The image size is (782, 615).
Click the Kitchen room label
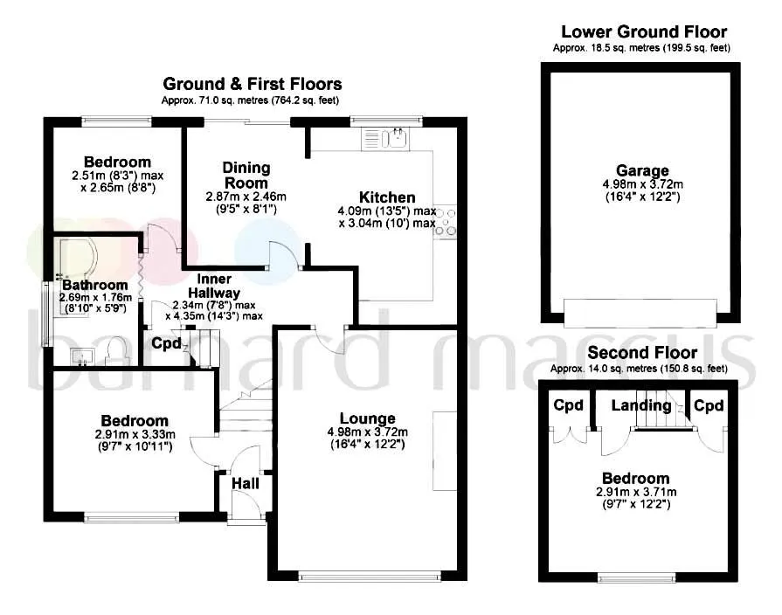(387, 197)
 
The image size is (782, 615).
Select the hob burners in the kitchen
(446, 222)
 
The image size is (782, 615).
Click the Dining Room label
(246, 175)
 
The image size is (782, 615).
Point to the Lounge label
(368, 418)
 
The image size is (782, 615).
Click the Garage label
(642, 170)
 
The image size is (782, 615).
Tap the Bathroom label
(94, 285)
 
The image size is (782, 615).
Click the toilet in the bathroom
(118, 350)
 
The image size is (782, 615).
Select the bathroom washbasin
(82, 356)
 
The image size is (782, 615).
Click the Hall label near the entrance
(246, 483)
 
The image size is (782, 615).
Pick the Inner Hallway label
(214, 286)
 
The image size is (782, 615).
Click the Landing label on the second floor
(641, 405)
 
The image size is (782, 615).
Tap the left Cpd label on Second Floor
(568, 405)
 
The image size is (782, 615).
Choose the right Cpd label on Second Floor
(709, 405)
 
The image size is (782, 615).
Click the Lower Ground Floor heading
(644, 32)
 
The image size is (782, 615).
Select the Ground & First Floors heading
(253, 83)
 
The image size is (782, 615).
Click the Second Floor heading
(642, 353)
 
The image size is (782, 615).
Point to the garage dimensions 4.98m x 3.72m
(643, 184)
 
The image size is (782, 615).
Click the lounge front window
(370, 577)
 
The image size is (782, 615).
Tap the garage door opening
(640, 314)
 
